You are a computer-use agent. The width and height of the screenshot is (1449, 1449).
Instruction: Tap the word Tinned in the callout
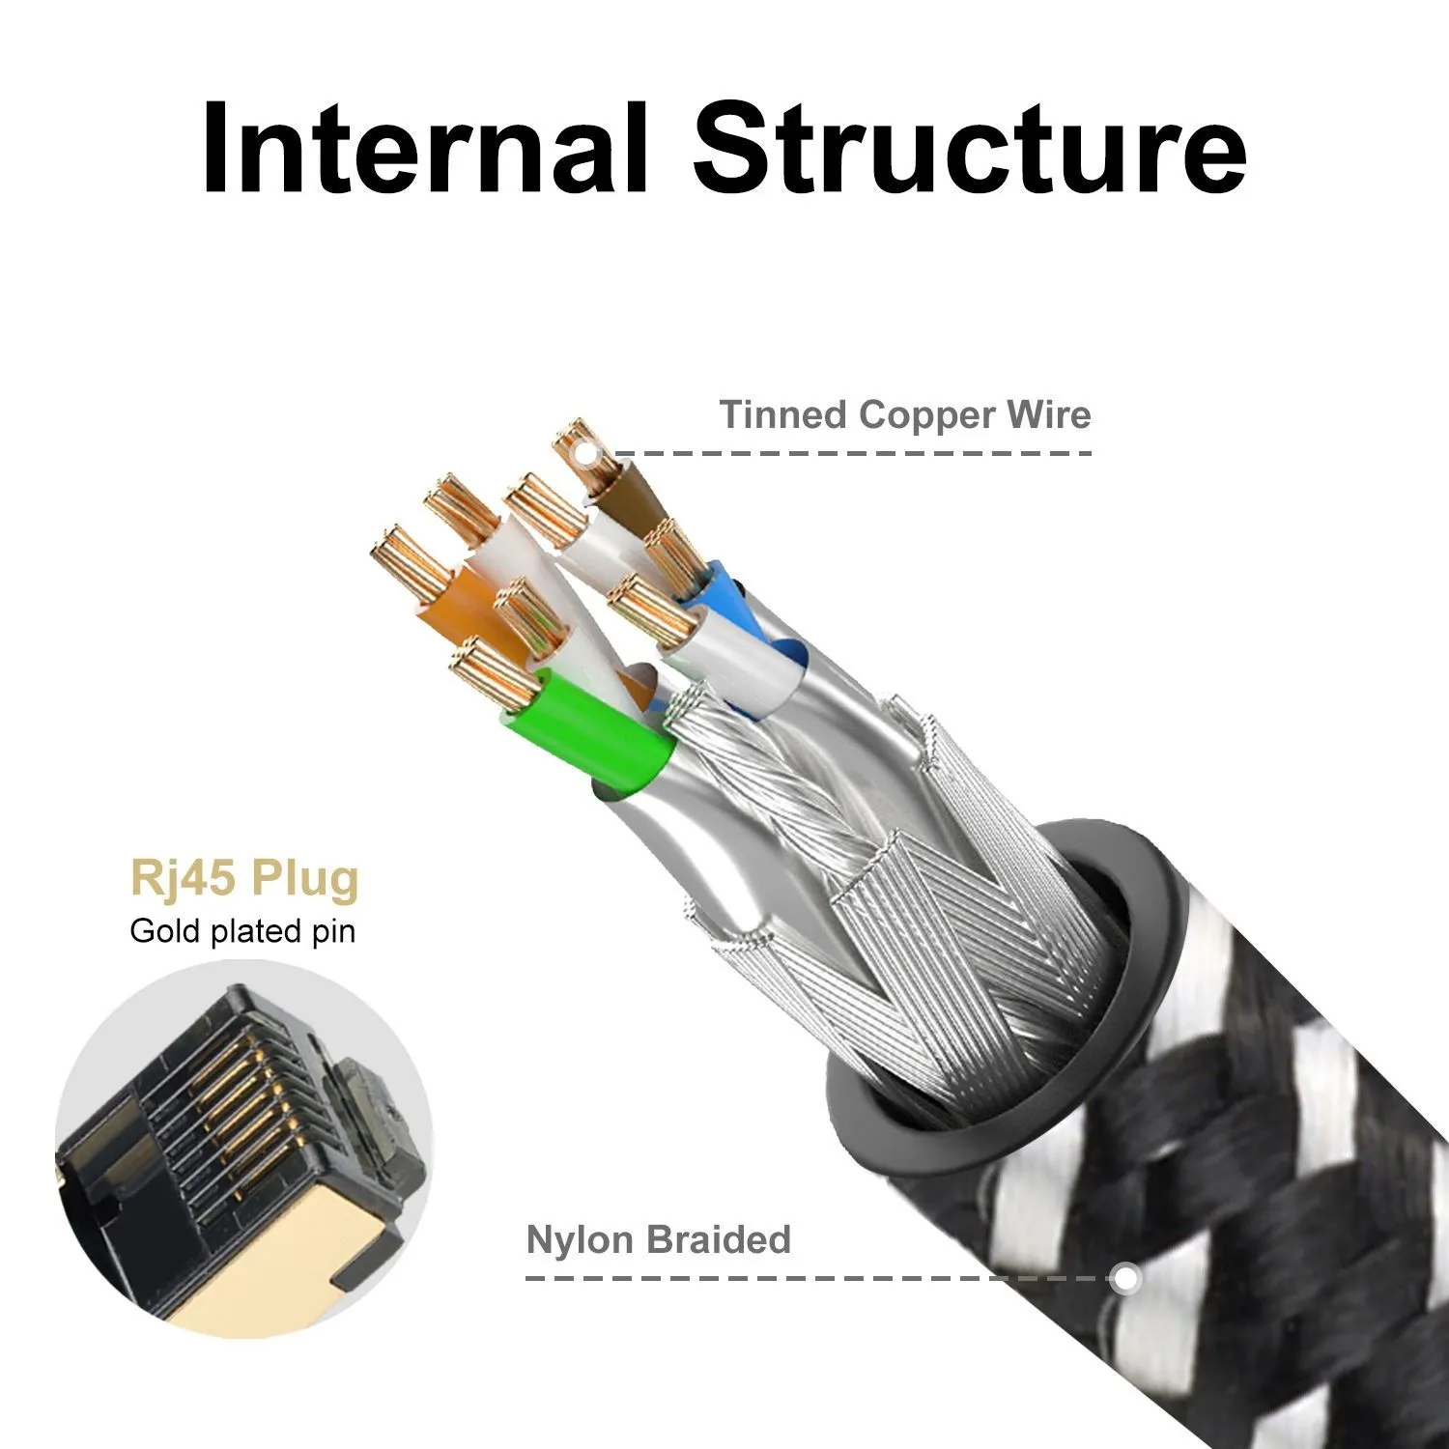tap(782, 414)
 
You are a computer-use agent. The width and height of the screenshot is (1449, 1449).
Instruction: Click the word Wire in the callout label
tap(1048, 414)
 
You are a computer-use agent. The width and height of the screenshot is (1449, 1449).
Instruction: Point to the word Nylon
tap(581, 1239)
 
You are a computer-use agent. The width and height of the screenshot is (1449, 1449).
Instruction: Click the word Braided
tap(719, 1239)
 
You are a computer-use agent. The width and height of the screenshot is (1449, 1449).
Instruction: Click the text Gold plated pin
tap(242, 931)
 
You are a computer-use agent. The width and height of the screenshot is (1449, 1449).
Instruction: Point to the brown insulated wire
tap(629, 489)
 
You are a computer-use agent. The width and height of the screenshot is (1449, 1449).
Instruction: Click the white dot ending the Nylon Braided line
tap(1123, 1278)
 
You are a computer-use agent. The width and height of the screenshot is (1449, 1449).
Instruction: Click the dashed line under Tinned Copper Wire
tap(850, 452)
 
